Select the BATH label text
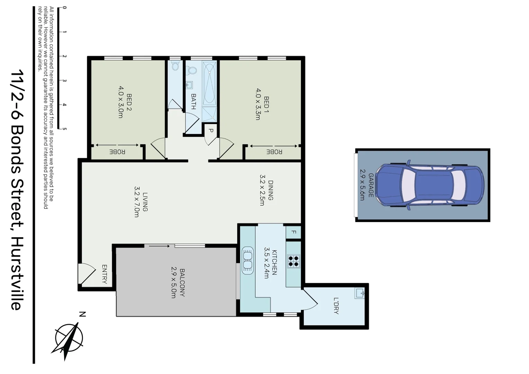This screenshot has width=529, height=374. click(193, 101)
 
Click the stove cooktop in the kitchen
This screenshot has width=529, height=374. click(294, 261)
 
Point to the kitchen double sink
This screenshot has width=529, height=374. click(248, 260)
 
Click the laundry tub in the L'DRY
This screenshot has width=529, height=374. click(360, 294)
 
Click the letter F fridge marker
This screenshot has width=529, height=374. click(293, 232)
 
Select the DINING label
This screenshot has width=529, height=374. click(271, 190)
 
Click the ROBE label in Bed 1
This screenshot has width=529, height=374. click(274, 152)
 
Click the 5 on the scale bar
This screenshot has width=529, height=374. click(64, 129)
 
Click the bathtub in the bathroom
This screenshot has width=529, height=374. click(209, 83)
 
